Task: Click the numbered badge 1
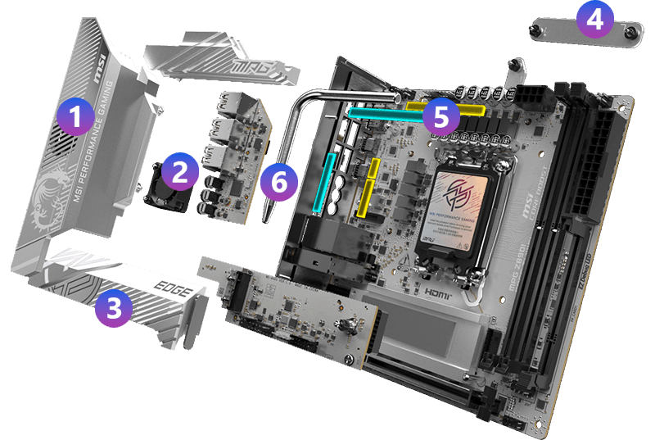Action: tap(75, 117)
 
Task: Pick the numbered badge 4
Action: tap(595, 18)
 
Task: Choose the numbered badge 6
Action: tap(279, 181)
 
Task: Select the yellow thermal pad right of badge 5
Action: tap(470, 108)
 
